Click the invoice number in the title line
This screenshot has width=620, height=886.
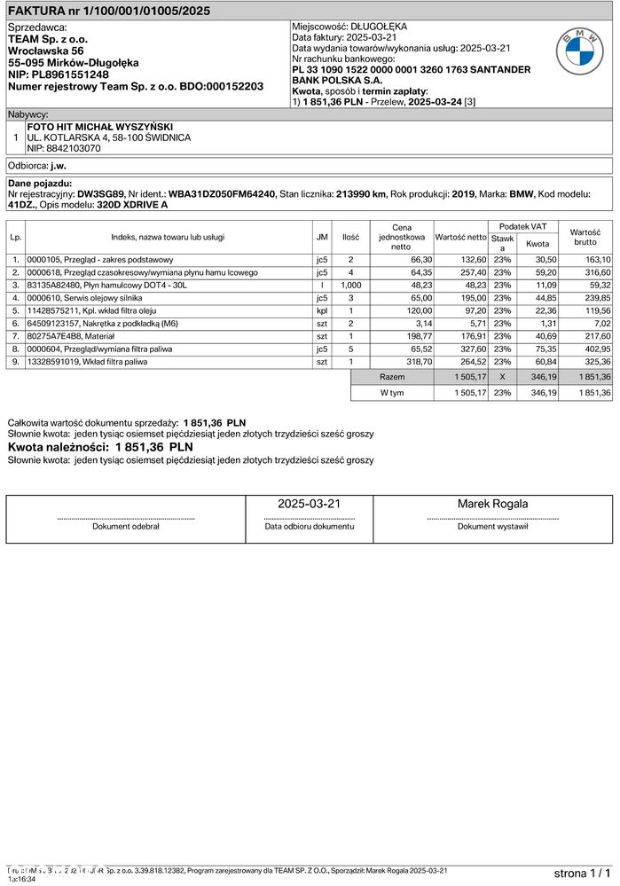point(153,11)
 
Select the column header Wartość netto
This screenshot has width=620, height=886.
point(460,237)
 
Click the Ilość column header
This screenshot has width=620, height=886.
point(350,237)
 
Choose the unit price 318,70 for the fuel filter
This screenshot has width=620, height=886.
point(416,362)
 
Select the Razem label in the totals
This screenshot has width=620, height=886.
point(392,377)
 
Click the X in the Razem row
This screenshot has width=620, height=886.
point(502,377)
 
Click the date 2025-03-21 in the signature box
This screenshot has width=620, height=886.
point(309,504)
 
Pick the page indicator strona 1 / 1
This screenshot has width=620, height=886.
point(582,874)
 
